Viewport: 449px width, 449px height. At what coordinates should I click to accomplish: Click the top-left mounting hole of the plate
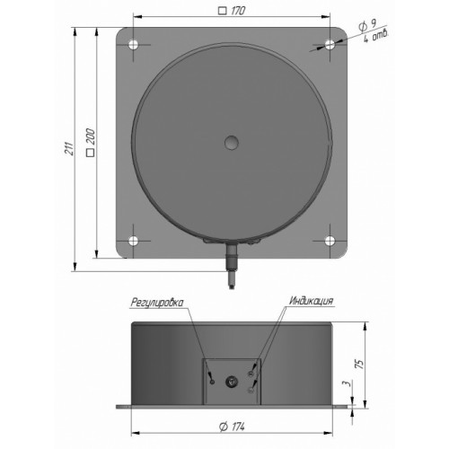coord(133,45)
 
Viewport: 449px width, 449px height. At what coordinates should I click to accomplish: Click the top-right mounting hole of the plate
coord(330,45)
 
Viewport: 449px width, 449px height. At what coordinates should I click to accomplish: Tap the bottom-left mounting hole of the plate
coord(133,241)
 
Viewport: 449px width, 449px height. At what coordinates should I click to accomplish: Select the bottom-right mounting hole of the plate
coord(330,241)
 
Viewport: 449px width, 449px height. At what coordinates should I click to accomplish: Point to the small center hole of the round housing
coord(232,143)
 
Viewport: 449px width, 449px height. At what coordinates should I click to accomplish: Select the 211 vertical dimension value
coord(69,148)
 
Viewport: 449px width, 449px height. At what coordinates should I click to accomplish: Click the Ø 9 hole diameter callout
coord(367,26)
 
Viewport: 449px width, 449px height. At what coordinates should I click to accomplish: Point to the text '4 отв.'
coord(376,37)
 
